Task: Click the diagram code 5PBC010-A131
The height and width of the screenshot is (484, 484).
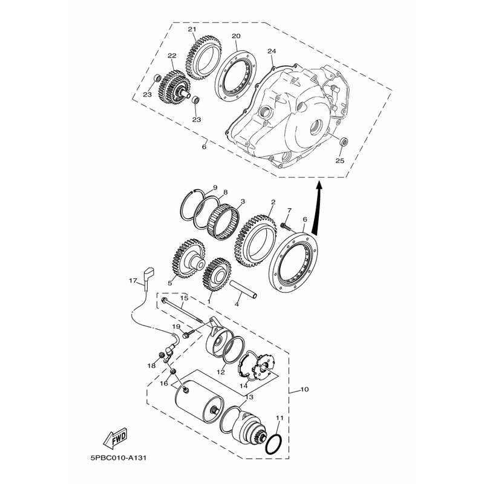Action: pos(119,458)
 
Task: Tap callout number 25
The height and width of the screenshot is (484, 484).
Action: pos(339,160)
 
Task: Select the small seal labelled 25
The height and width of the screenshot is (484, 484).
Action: pos(344,142)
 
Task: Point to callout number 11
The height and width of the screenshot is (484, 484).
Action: pos(280,417)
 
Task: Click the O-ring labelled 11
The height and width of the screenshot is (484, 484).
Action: pos(273,445)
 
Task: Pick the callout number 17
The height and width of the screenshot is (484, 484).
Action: pos(132,281)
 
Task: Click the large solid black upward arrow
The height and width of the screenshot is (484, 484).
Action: pos(317,209)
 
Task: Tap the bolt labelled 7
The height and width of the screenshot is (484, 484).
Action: pos(286,226)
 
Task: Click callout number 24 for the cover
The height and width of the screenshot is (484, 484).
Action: pos(272,51)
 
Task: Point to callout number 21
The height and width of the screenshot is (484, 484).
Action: pos(192,29)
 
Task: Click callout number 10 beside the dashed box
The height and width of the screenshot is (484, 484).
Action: pos(304,389)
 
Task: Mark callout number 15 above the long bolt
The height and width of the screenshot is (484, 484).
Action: pos(184,298)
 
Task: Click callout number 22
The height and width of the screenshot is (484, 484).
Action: pos(172,56)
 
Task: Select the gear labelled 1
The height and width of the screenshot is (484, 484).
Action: pos(217,275)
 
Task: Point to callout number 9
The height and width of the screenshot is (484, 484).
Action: pos(215,188)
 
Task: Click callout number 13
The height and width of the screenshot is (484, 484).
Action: pos(249,397)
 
